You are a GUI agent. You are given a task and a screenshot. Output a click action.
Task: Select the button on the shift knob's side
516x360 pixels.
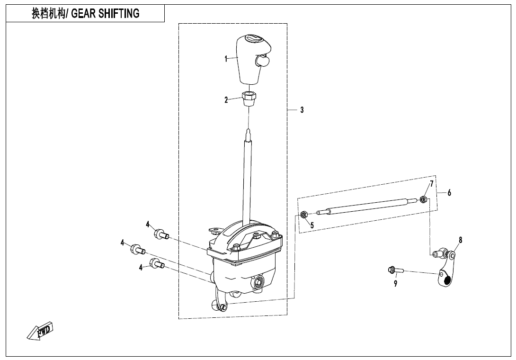262,60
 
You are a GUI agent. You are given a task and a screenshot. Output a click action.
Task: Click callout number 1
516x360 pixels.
226,59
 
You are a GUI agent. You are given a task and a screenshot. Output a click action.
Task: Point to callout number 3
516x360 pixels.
302,110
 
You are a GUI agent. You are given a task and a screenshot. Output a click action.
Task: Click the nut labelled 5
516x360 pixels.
304,215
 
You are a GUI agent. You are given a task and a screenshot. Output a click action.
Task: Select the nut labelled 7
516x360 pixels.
423,199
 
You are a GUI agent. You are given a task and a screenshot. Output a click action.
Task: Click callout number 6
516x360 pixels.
449,193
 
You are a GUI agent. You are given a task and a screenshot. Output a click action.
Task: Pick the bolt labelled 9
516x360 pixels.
396,270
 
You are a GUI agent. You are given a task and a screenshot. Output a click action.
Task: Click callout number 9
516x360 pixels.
396,283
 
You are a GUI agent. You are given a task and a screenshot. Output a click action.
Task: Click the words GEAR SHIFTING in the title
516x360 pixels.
105,14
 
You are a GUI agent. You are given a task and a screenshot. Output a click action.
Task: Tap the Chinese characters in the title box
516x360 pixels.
48,14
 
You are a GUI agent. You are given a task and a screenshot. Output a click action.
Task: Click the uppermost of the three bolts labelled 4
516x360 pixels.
161,234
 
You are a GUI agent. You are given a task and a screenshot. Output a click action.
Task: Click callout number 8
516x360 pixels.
461,240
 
